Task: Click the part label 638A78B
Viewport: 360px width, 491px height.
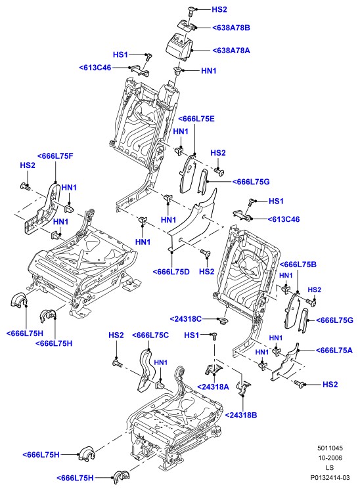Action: point(231,28)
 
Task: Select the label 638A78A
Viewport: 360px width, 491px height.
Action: point(231,51)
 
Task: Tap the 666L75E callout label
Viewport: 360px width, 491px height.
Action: point(196,119)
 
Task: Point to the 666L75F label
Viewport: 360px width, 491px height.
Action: point(55,156)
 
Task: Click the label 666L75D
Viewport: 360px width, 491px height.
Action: point(171,272)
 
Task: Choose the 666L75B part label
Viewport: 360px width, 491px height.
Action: point(298,265)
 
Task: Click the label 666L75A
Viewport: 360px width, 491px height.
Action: point(334,351)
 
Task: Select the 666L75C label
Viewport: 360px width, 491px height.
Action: point(150,335)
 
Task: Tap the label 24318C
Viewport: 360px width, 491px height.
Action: point(186,319)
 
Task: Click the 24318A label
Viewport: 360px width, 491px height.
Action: point(213,387)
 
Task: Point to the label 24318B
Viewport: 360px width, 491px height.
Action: point(241,416)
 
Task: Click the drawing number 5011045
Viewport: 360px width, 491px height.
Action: point(330,448)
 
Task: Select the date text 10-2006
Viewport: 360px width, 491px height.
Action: point(330,458)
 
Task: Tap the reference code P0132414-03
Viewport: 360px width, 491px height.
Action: point(330,478)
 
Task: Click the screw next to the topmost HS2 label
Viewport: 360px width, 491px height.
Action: point(191,12)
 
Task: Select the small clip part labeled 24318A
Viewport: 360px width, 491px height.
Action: point(213,370)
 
